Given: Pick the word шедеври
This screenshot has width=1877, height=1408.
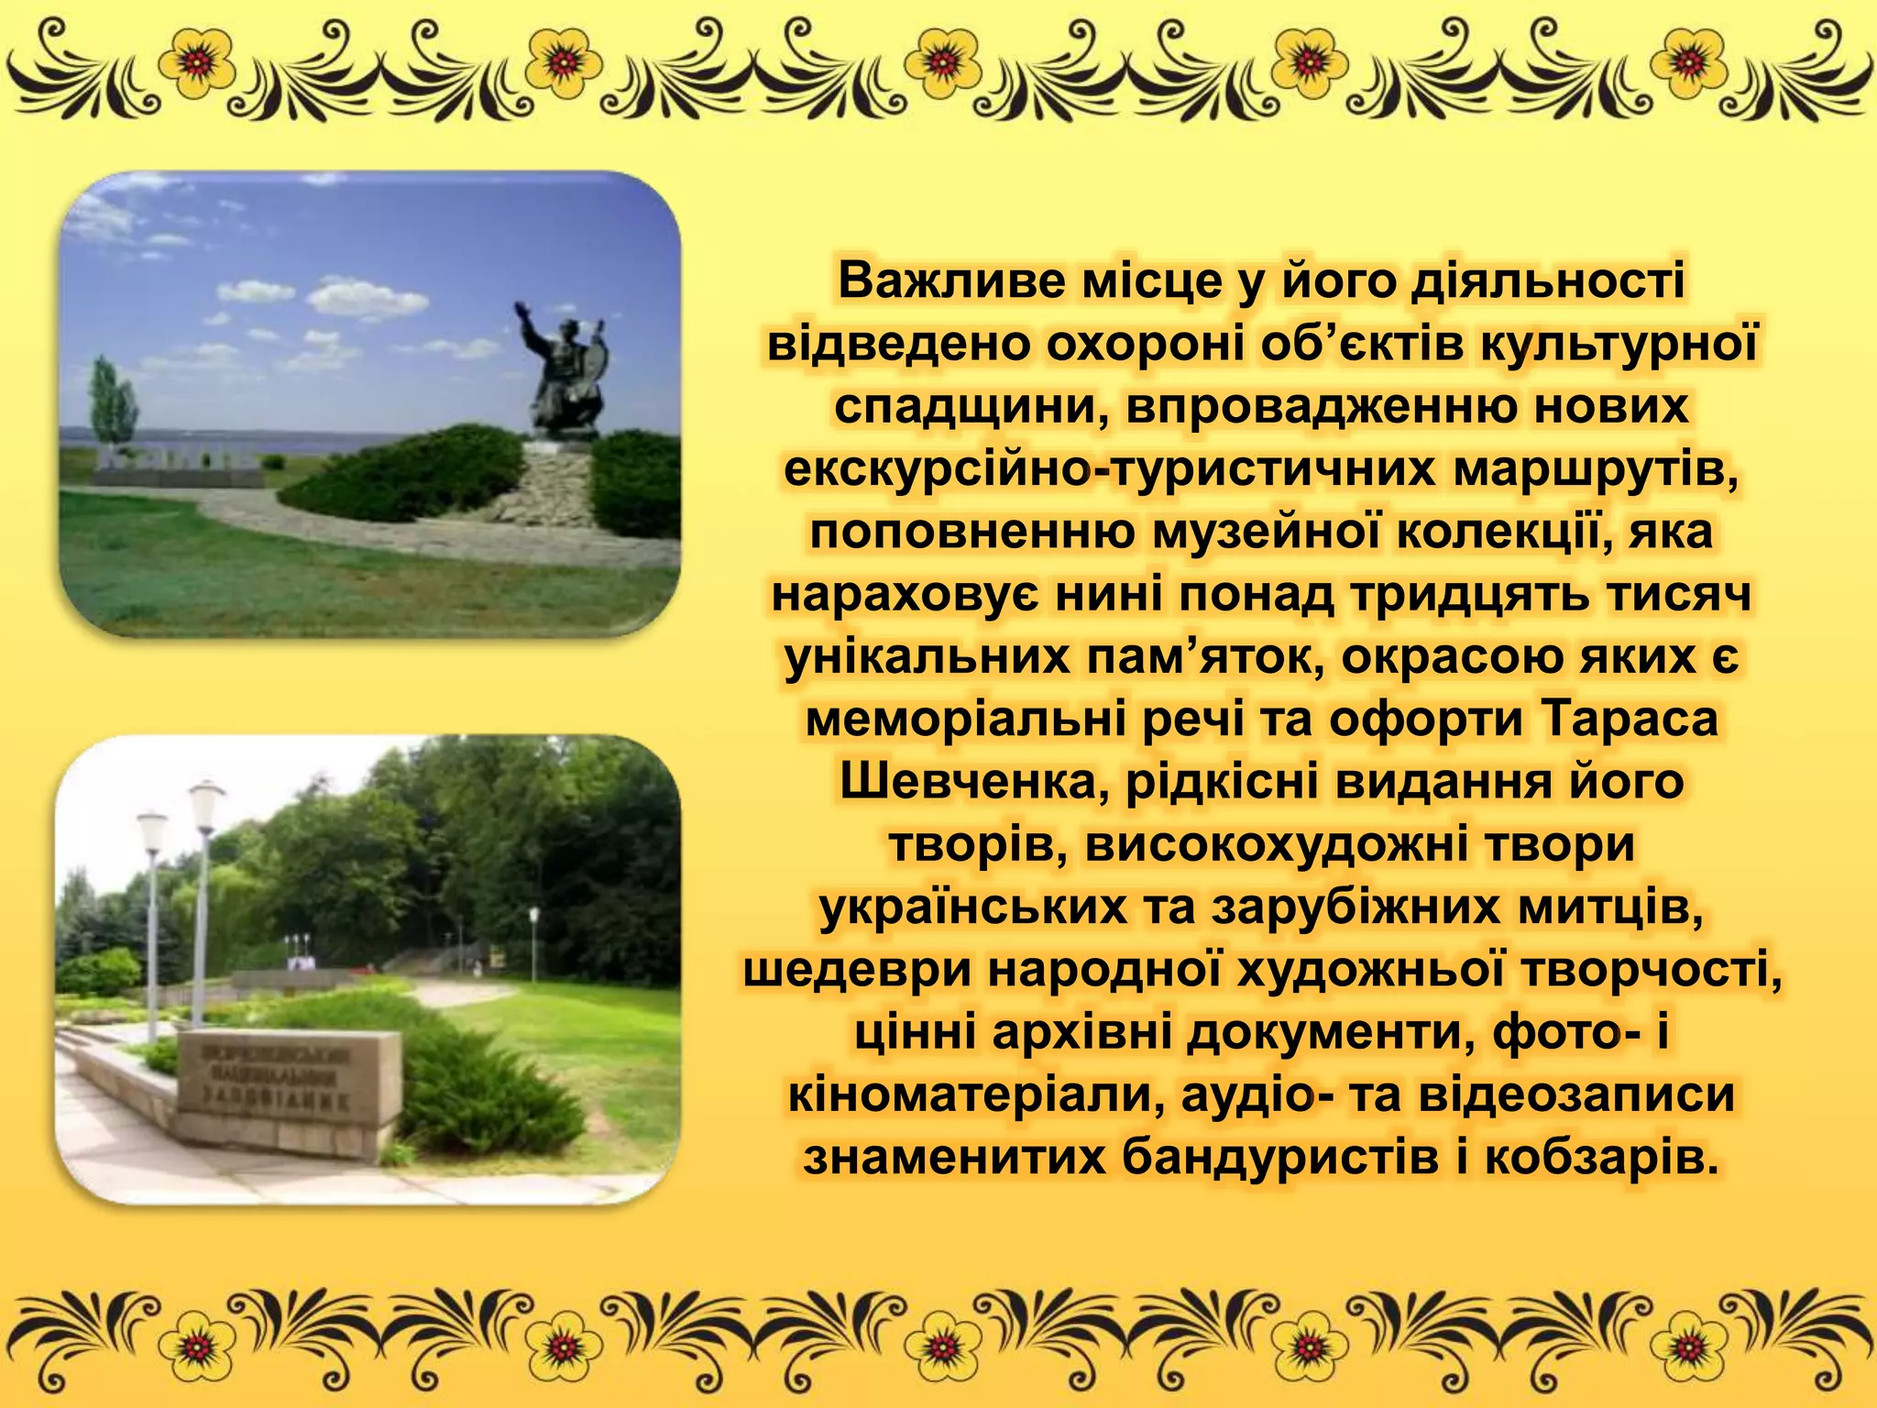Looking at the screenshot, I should tap(857, 971).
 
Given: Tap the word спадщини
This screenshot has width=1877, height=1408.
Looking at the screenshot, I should tap(971, 407).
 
